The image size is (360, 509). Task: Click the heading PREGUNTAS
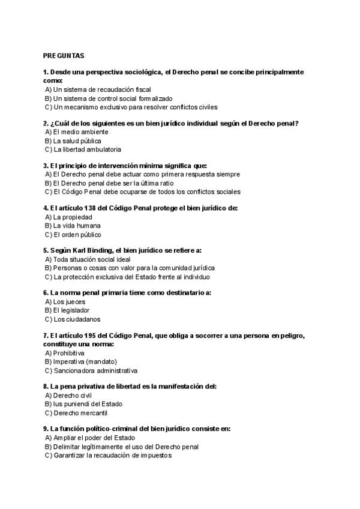pos(64,55)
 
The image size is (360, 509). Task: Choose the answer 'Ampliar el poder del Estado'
pos(89,438)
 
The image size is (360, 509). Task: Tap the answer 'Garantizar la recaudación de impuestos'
pos(107,456)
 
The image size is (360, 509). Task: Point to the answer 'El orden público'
pos(73,234)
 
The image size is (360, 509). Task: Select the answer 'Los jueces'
pos(66,302)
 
